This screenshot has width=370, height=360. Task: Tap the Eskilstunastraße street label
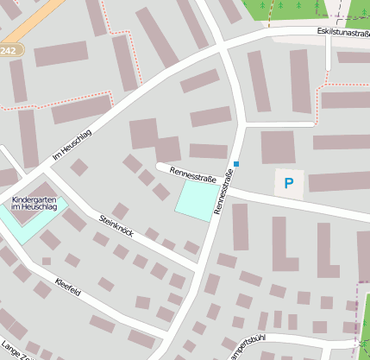pos(342,33)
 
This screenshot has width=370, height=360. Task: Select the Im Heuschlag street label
pos(72,144)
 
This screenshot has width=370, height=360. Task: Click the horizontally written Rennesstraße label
pos(192,175)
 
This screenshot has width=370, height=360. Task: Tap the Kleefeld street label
pos(67,287)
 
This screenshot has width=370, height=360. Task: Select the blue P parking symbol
pos(289,183)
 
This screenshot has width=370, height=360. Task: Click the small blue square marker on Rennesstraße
pos(236,164)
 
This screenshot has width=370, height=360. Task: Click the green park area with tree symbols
pos(293,9)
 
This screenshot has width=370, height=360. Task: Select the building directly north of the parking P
pos(278,147)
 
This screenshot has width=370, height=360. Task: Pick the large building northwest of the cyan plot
pos(144,134)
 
